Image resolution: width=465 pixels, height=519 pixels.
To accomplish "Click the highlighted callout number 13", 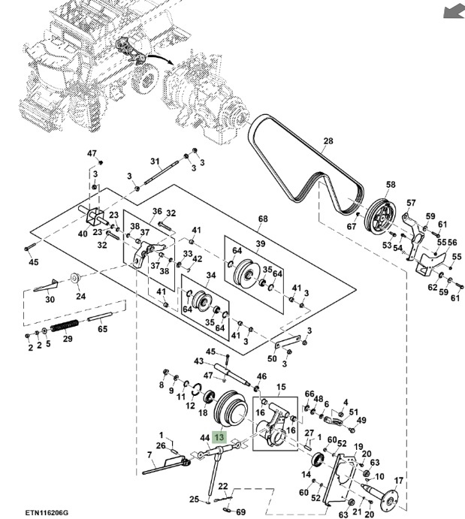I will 220,437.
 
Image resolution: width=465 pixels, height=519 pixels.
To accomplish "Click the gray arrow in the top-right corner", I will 453,11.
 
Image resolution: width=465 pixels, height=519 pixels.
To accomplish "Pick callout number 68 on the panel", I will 263,219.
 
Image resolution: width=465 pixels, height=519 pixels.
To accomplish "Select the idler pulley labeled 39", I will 246,272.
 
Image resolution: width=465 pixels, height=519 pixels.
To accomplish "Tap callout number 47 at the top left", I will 92,153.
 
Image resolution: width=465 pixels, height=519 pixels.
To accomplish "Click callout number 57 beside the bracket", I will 411,203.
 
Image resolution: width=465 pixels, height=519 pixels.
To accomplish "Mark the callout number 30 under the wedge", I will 50,300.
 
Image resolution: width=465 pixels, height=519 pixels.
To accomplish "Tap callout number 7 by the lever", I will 149,455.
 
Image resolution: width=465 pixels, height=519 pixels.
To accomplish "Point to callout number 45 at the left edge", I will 33,262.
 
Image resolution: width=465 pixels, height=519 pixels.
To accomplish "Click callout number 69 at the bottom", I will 241,511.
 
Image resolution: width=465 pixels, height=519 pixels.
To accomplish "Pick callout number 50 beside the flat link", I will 272,359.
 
